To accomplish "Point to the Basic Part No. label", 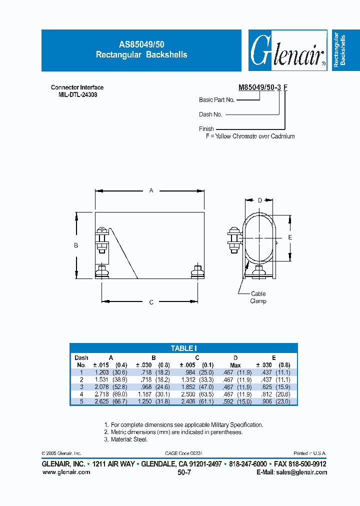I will click(216, 100).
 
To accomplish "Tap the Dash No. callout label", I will click(210, 114).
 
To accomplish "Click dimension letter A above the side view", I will click(150, 190).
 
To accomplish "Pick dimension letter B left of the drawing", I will click(76, 245).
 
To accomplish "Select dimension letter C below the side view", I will click(151, 302).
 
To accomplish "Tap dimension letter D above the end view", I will click(259, 200).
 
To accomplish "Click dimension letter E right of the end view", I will click(290, 238).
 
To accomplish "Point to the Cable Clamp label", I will click(258, 297).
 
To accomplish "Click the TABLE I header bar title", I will click(183, 348).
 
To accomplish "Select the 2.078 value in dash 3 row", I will click(102, 386).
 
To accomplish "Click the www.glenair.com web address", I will click(63, 472).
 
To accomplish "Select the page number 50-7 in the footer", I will click(184, 472).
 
